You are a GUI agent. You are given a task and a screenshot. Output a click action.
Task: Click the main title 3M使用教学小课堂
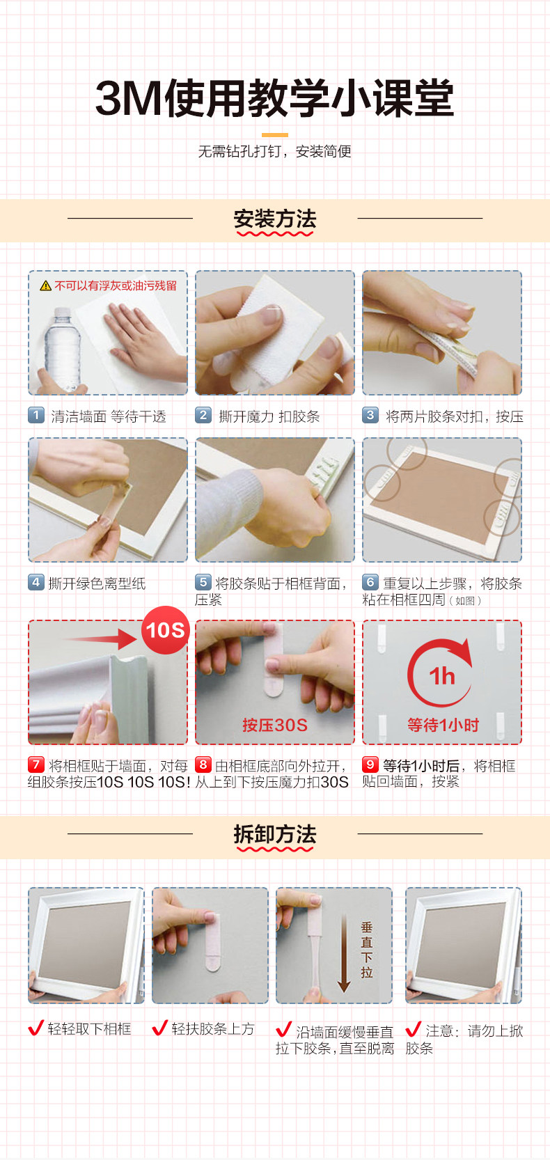coord(274,97)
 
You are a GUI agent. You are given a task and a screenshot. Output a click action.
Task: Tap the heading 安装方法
coord(274,219)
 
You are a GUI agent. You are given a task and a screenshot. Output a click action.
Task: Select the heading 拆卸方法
coord(274,834)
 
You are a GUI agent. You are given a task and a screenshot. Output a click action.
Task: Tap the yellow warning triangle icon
coord(45,285)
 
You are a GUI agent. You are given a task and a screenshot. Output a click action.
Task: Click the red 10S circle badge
coord(165,629)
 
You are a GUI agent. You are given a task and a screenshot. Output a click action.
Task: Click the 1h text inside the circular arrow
coord(442,676)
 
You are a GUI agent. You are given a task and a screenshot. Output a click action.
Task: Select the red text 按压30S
coord(275,725)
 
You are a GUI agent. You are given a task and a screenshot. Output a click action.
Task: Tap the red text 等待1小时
coord(443,725)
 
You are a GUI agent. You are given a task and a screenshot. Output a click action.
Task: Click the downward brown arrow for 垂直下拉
coord(343,953)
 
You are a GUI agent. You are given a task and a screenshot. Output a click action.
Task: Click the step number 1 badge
coord(36,415)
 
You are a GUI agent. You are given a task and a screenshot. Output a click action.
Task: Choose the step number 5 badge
coord(203,582)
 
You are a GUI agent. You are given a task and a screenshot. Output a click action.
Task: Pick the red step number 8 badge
coord(203,765)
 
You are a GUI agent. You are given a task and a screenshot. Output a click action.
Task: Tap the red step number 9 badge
coord(370,765)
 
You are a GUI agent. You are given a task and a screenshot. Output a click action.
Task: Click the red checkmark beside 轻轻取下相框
coord(36,1028)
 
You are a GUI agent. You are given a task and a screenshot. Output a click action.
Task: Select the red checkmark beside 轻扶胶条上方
coord(160,1028)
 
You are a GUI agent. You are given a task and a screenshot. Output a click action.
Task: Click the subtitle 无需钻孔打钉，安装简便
coord(274,151)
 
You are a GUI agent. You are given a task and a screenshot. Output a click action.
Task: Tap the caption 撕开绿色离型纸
coord(97,583)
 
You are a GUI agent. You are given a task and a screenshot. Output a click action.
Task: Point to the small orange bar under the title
coord(274,134)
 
